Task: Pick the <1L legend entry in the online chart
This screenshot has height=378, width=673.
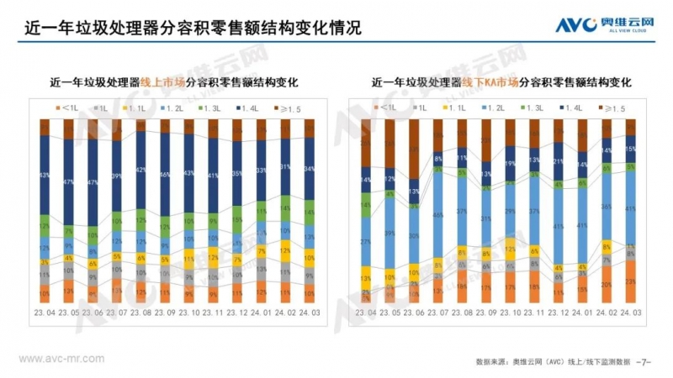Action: tap(66, 108)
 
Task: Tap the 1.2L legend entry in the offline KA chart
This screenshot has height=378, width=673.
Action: tap(499, 108)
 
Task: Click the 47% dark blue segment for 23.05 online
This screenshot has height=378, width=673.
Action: tap(69, 180)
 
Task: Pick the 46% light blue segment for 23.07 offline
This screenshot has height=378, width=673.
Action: tap(438, 214)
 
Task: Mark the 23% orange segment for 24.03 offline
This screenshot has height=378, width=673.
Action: tap(631, 281)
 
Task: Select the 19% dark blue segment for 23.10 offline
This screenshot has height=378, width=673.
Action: tap(511, 164)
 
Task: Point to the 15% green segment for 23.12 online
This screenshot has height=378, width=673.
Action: tap(237, 220)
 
